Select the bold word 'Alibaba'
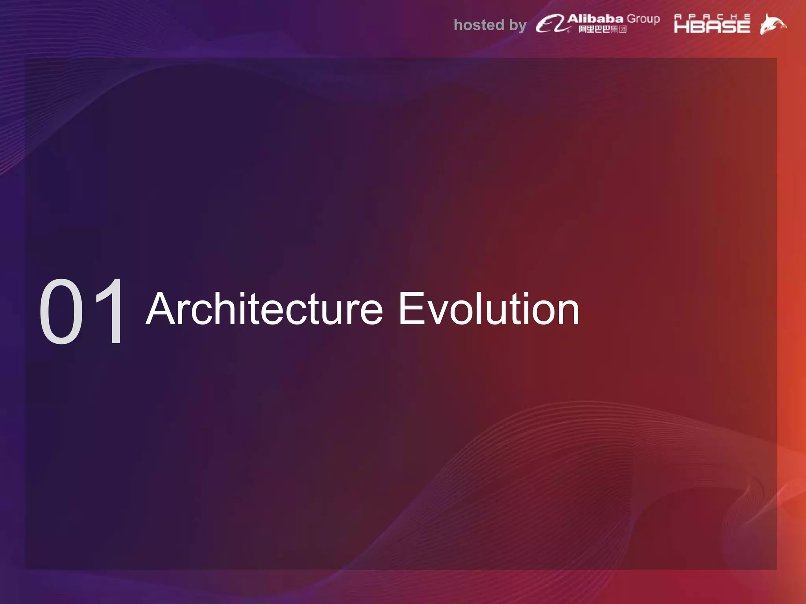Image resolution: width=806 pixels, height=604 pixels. click(595, 18)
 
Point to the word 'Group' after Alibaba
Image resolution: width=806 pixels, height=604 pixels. click(643, 19)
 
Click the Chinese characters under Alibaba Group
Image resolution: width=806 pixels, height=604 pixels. click(603, 29)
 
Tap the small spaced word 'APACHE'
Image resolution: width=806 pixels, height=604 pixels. click(712, 17)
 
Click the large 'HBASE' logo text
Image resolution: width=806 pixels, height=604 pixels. click(712, 27)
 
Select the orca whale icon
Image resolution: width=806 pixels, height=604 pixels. click(773, 24)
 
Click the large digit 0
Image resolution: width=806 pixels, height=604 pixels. click(61, 311)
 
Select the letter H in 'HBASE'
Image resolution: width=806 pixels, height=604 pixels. click(681, 27)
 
